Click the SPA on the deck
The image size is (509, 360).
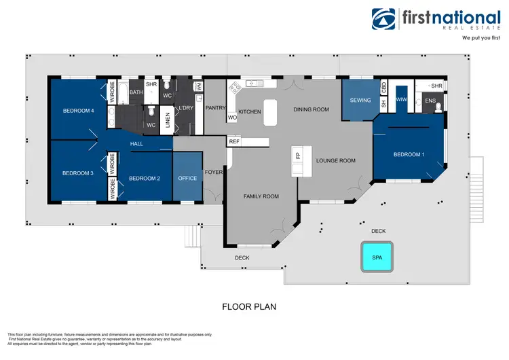coord(377,257)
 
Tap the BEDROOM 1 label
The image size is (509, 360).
coord(409,155)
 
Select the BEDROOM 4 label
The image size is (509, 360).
coord(79,111)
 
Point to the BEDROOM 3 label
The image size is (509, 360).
coord(77,173)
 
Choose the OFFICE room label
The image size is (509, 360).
coord(187,179)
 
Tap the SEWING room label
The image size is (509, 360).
coord(360,101)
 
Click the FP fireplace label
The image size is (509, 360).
coord(297,156)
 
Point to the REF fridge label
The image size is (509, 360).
coord(234,142)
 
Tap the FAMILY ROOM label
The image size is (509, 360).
coord(261,196)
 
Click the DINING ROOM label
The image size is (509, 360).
coord(311,109)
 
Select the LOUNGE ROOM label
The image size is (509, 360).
coord(336,161)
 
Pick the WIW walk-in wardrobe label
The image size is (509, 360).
coord(400,101)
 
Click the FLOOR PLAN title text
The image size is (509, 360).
coord(249,306)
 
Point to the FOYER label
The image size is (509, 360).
coord(215,172)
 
